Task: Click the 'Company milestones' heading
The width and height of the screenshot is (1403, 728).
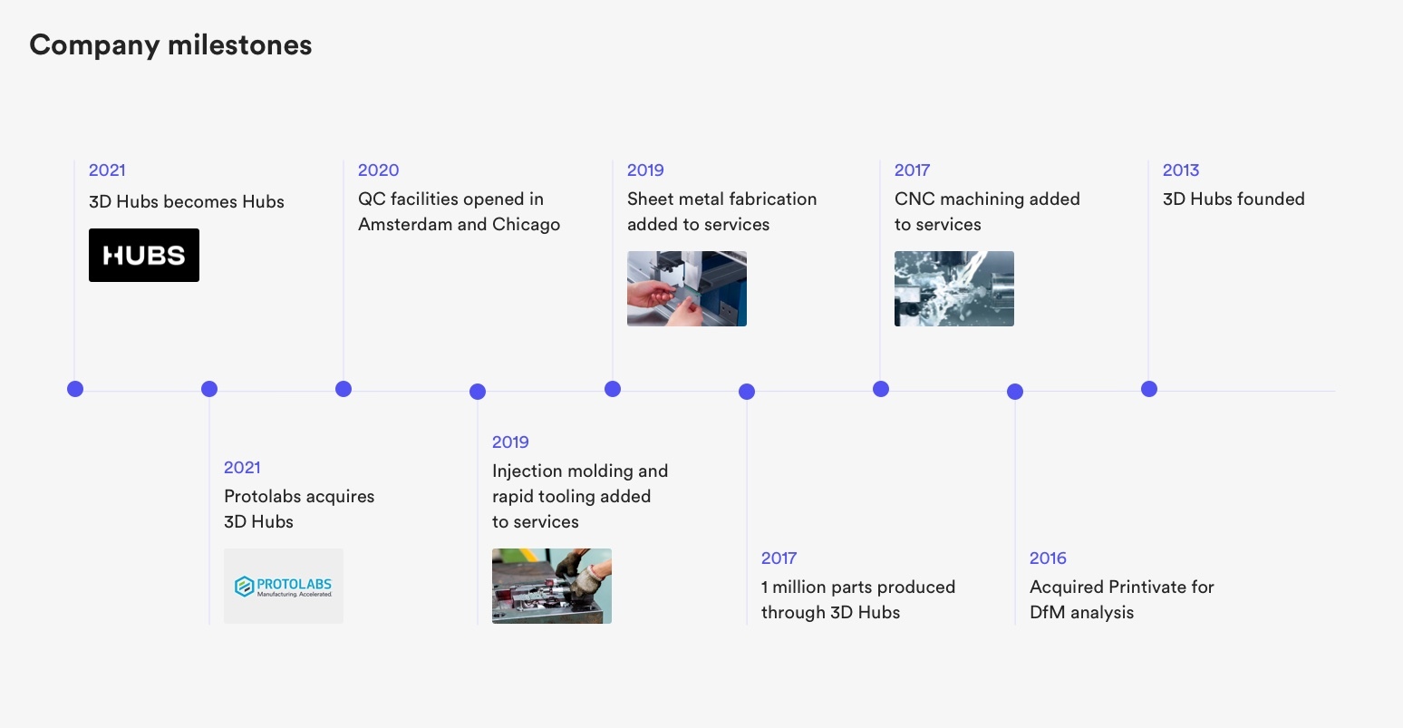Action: [x=170, y=45]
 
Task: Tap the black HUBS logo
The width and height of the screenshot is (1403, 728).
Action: [x=144, y=256]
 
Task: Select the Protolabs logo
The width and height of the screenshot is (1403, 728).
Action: [x=284, y=586]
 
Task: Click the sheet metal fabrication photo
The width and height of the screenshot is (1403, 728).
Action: [x=687, y=288]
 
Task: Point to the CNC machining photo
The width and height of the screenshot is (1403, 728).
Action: [x=954, y=288]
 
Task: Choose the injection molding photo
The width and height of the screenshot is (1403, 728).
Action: [x=552, y=586]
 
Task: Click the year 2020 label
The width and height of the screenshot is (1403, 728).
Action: [x=378, y=170]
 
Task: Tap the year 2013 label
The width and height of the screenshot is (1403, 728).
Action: [x=1181, y=170]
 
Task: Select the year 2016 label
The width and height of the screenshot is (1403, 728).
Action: [x=1048, y=558]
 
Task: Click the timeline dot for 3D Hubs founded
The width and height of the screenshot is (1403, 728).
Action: [x=1149, y=389]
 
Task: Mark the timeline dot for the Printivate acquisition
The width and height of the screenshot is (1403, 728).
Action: [x=1015, y=392]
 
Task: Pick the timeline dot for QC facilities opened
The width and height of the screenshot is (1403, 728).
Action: [x=343, y=389]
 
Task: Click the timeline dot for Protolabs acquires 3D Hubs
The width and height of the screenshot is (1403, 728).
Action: [x=209, y=389]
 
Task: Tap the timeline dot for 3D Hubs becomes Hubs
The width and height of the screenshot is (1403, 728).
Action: [x=75, y=389]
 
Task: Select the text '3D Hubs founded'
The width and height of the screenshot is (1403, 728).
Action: [x=1234, y=199]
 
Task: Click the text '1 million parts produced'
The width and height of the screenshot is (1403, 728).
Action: [x=858, y=587]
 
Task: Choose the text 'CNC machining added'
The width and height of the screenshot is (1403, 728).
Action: [x=987, y=199]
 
